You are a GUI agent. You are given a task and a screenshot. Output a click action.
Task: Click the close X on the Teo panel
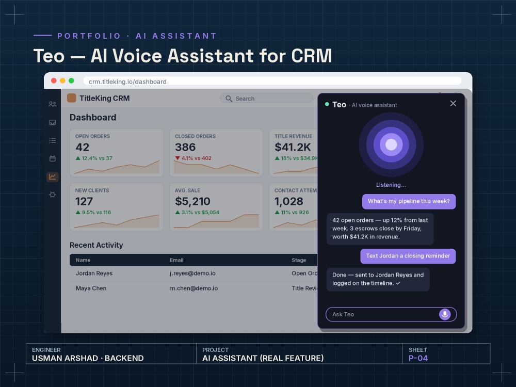coord(453,103)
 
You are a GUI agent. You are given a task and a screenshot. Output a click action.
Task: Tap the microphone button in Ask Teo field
coord(445,314)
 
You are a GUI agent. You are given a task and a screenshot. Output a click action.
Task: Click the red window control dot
coord(54,80)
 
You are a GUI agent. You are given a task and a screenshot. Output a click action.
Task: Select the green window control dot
coord(71,80)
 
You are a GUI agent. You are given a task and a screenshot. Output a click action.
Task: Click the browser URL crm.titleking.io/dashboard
coord(127,82)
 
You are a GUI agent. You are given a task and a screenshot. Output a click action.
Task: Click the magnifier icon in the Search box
coord(229,99)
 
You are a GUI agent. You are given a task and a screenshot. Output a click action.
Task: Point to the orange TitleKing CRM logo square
coord(71,98)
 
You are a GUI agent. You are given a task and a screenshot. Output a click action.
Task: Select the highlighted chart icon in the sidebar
coord(52,176)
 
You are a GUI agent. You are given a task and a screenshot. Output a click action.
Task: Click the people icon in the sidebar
coord(52,104)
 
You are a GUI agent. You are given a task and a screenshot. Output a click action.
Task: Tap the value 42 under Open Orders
coord(82,147)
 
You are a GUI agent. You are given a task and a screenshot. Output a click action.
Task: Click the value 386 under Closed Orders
coord(185,147)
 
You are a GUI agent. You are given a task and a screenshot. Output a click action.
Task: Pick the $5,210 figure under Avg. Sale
coord(192,201)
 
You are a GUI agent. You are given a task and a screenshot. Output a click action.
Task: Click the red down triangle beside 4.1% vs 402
coord(178,158)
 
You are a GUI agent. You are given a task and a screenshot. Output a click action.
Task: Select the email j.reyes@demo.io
coord(192,273)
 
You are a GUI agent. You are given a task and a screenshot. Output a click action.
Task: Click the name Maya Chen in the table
coord(91,288)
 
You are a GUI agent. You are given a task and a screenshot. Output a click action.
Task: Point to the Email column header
coord(176,260)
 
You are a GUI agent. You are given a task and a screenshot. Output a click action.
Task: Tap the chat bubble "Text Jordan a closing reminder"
coord(408,256)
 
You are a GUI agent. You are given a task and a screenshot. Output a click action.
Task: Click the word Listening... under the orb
coord(391,185)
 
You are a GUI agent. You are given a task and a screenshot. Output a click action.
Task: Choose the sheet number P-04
coord(418,359)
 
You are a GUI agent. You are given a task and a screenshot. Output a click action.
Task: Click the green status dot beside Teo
coord(327,104)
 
